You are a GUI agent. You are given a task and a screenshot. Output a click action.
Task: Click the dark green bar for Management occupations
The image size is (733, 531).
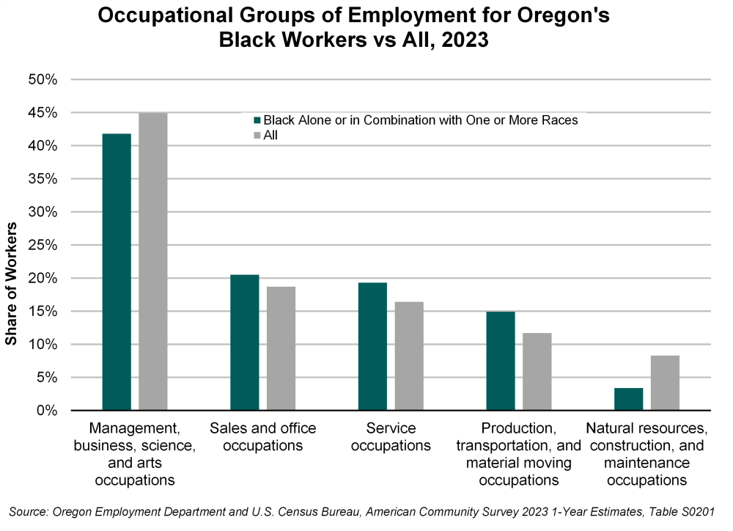[x=117, y=271]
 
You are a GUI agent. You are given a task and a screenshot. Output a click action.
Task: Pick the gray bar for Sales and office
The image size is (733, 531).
[x=281, y=348]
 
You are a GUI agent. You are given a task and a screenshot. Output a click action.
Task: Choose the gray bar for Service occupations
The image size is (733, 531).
[x=409, y=356]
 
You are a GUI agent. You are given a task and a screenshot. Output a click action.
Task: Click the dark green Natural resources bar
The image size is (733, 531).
[x=628, y=399]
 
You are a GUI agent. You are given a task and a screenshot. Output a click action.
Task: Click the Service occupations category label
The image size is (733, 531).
[x=390, y=437]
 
